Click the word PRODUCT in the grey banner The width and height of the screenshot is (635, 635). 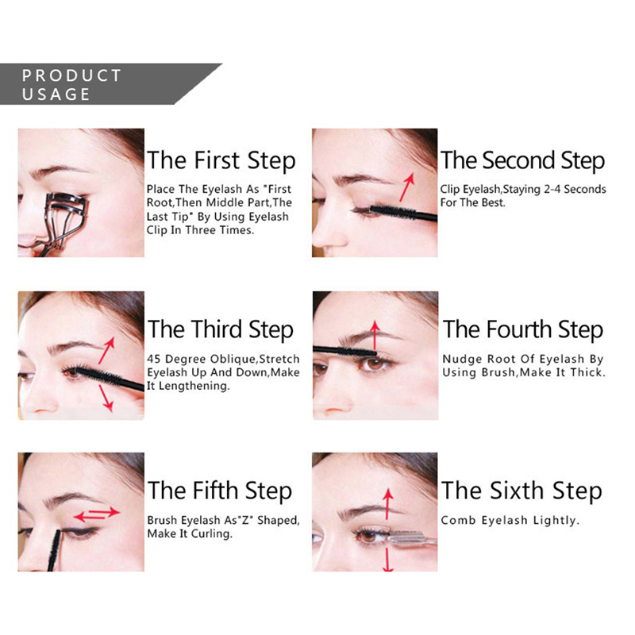click(71, 75)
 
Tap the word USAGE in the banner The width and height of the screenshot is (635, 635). click(56, 94)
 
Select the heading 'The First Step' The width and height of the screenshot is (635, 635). click(221, 161)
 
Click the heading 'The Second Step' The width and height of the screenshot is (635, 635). click(522, 161)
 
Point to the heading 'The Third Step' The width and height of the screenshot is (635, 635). click(221, 329)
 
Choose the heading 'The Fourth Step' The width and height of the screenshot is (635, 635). click(523, 329)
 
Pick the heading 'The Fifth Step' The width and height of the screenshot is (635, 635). click(220, 491)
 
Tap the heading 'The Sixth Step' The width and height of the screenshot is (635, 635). click(521, 491)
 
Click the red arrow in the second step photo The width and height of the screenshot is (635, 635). click(407, 187)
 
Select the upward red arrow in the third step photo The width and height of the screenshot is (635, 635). click(106, 350)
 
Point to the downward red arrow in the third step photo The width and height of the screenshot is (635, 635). click(106, 398)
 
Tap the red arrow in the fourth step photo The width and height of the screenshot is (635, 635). click(375, 335)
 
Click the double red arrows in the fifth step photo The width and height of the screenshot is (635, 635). click(97, 514)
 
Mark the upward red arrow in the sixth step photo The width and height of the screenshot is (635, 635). click(388, 504)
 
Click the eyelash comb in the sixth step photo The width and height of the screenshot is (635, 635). click(412, 538)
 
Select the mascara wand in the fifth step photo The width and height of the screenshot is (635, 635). click(54, 550)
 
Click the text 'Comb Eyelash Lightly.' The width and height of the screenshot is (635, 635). click(510, 521)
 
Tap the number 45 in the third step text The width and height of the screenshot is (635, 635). click(154, 360)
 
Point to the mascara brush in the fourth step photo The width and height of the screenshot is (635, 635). click(344, 351)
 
